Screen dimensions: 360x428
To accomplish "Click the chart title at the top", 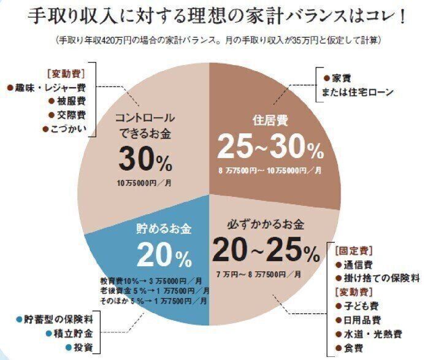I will coord(213,15).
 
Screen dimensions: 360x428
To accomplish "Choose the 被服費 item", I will coord(68,101).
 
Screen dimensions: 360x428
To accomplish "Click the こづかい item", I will coord(64,128).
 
